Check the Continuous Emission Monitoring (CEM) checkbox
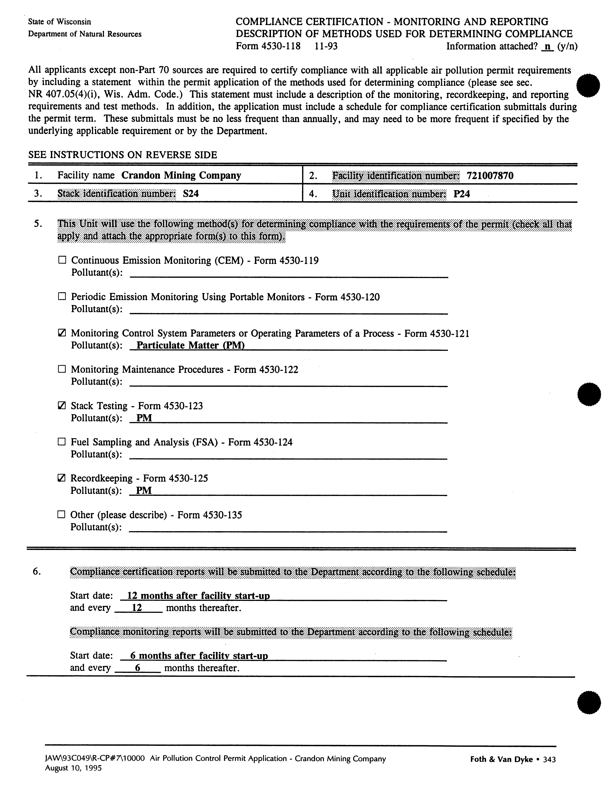62,260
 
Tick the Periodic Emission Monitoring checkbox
62,297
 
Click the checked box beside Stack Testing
62,406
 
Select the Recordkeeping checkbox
62,478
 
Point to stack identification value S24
191,194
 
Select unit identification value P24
462,194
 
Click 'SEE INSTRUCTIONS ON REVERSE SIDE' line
123,155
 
